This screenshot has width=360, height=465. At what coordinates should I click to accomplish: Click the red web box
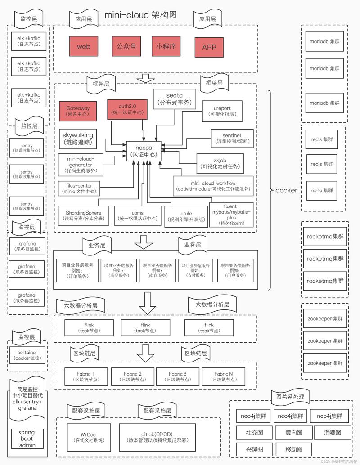[x=84, y=46]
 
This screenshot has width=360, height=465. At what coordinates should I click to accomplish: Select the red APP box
[x=209, y=47]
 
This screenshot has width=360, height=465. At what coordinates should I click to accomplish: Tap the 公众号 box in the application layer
[x=126, y=46]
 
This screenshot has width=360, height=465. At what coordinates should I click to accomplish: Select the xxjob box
[x=220, y=163]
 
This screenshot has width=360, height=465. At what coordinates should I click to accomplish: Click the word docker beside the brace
[x=286, y=190]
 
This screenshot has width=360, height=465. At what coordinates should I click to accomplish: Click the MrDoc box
[x=88, y=438]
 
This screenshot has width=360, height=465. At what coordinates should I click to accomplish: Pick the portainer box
[x=28, y=355]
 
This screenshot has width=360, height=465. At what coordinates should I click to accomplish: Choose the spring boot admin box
[x=27, y=439]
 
